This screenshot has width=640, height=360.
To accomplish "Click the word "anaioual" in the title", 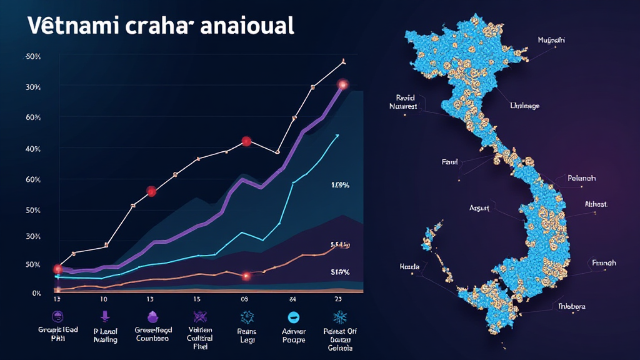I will point(247,27).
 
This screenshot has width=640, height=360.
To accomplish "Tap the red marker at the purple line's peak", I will point(342,84).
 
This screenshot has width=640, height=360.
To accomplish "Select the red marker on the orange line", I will point(246,276).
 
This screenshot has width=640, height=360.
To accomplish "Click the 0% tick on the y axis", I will point(36,293).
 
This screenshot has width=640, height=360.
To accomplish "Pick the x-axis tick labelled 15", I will point(197,299).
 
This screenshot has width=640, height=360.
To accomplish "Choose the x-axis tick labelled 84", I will point(292,299).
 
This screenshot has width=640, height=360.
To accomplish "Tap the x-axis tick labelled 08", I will point(244,299).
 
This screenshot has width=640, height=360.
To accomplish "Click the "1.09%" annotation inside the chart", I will point(340,185).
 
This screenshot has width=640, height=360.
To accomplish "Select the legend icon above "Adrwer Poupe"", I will point(293,317).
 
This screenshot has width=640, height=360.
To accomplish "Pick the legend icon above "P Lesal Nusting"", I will point(104,316).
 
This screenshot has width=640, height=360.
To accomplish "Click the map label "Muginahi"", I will point(551,40).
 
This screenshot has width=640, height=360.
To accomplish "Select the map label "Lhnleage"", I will point(524,106).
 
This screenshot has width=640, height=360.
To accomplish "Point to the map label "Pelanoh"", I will point(581,178).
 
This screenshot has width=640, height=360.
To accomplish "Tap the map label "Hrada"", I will point(409,266).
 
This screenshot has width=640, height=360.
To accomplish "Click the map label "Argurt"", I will point(480,207).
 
